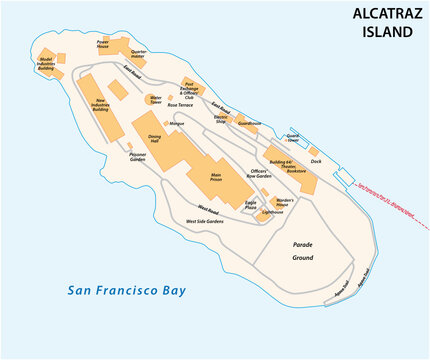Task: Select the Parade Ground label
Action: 303,250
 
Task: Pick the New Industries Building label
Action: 99,104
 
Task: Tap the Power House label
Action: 103,44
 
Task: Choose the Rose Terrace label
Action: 186,104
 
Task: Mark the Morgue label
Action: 177,123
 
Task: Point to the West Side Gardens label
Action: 205,221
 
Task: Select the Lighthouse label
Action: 272,212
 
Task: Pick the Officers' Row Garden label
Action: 258,174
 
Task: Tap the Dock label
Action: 315,160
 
